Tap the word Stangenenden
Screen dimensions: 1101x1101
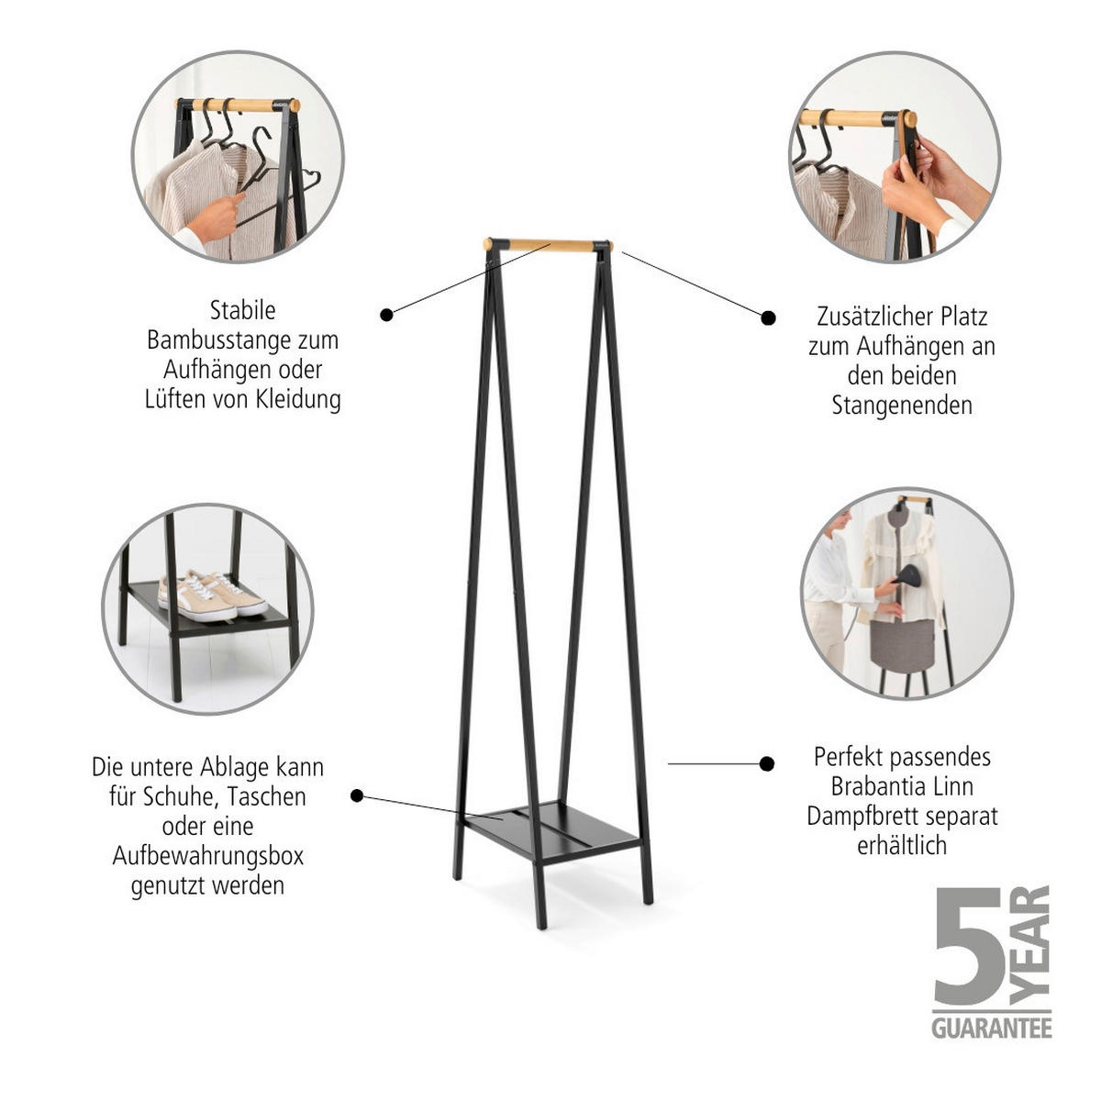[901, 406]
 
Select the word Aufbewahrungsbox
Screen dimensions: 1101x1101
[207, 856]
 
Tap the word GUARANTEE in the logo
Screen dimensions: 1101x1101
[991, 1028]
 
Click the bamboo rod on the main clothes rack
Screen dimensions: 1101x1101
[548, 245]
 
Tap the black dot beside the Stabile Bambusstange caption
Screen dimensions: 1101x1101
[386, 315]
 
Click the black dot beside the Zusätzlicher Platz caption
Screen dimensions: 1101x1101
[769, 317]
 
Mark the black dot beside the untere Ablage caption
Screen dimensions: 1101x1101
[357, 795]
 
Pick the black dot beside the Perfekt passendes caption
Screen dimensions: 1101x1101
[768, 763]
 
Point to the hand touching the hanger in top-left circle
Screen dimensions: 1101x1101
[217, 216]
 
